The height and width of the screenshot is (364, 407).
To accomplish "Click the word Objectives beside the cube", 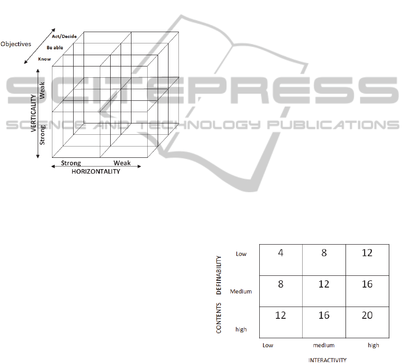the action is coord(16,44).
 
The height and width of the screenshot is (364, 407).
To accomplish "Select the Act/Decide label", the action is coord(64,36).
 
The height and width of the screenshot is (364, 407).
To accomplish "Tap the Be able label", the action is coord(55,47).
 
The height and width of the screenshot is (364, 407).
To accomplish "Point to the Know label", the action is coord(44,59).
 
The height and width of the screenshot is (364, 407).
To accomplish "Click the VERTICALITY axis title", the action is coord(33,113).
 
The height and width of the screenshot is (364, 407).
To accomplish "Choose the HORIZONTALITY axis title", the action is coord(96,171).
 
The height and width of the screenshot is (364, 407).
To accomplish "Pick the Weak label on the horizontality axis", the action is coord(122,163).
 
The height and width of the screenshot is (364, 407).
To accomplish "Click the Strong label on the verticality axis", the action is coord(42,135).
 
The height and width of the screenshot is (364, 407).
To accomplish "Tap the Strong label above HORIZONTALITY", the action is coord(71,163).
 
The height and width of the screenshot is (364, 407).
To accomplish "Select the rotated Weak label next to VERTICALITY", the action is coord(42,90).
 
